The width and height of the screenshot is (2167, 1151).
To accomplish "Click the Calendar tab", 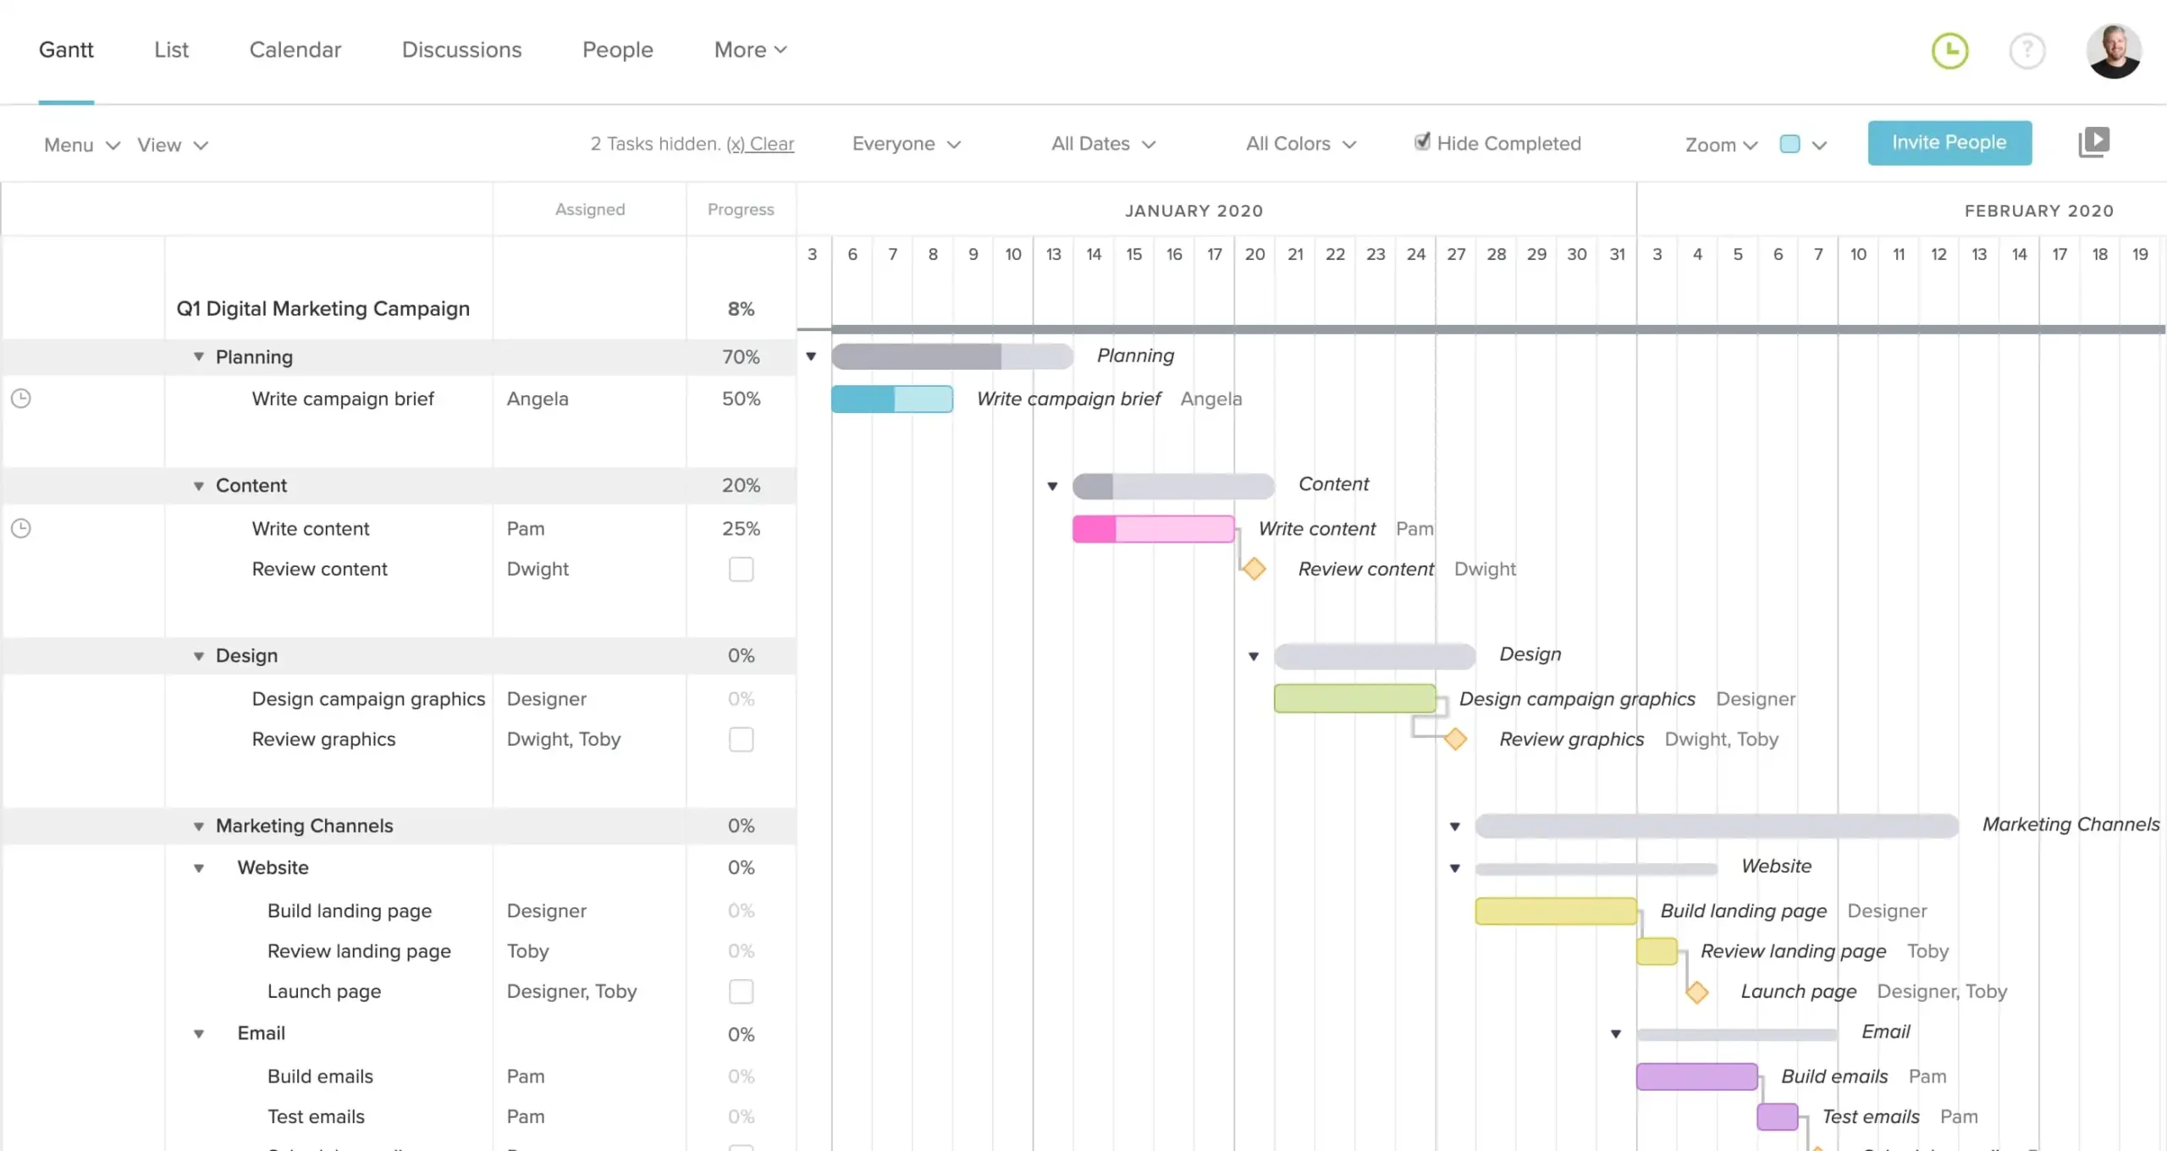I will point(295,50).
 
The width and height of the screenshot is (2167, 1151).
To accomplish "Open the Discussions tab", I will point(461,50).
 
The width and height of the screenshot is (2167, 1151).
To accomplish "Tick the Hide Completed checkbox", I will point(1422,142).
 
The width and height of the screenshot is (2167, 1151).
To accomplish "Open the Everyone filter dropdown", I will point(906,144).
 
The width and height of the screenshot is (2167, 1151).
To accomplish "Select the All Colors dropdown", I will point(1300,144).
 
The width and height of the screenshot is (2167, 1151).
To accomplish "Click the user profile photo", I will point(2113,51).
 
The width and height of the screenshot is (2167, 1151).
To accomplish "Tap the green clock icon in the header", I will point(1949,51).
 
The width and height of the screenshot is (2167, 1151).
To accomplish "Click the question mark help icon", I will point(2026,51).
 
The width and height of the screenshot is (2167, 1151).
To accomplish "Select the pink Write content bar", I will point(1153,529).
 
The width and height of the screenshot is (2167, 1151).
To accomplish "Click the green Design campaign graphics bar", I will point(1354,698).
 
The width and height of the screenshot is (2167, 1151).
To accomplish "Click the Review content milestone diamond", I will point(1254,569).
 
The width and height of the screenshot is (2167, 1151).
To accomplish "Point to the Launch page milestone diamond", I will point(1696,992).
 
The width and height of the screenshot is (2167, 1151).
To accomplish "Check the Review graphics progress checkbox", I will point(741,740).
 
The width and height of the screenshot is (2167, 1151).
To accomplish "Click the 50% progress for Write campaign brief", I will point(741,399).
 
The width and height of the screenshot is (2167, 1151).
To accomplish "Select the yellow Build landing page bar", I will point(1555,911).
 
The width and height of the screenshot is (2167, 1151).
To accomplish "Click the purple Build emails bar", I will point(1696,1077).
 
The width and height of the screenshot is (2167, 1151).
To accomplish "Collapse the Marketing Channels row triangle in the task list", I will point(199,826).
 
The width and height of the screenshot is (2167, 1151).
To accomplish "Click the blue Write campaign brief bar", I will point(891,399).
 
